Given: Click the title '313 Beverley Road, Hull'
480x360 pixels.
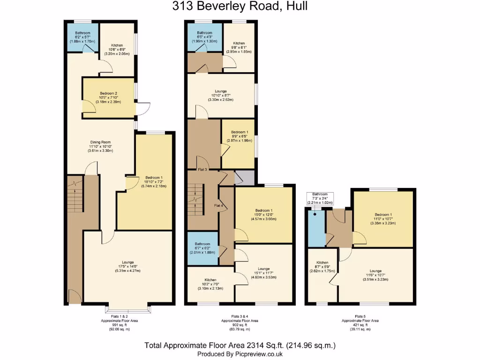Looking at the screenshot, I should coord(240,7).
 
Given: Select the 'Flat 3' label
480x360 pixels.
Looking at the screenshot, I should coord(202,169).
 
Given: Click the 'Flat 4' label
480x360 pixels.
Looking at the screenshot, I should coord(219,205).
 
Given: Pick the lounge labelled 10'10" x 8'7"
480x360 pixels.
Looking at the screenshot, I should coord(221,96).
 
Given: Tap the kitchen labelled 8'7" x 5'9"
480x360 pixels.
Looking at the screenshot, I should coord(322,271).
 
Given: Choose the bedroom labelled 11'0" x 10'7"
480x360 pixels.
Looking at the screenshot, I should coord(383,219).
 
